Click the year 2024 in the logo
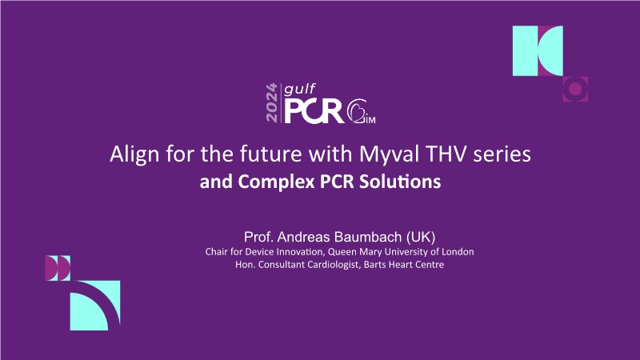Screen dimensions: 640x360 pos(271,102)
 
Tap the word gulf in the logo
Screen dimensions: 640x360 pos(300,90)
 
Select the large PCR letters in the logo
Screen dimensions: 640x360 pos(314,111)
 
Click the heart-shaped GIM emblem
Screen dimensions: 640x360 pos(361,111)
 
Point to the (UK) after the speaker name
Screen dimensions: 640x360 pos(421,237)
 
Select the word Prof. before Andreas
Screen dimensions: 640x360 pos(258,237)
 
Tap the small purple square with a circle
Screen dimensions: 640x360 pos(575,89)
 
